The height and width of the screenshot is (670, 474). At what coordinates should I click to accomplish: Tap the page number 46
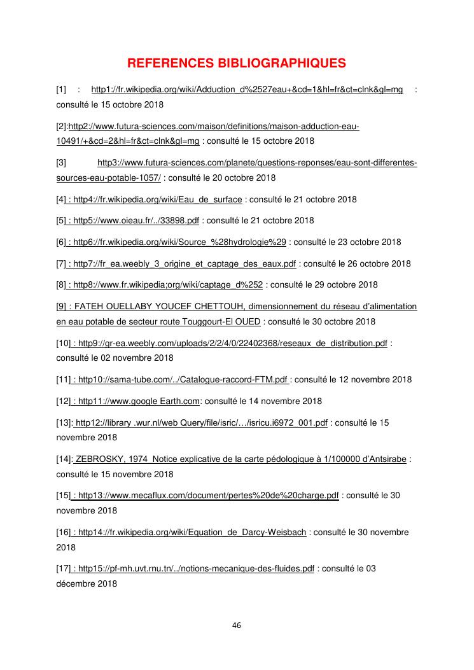click(237, 625)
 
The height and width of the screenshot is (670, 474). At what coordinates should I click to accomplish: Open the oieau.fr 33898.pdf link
click(137, 221)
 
